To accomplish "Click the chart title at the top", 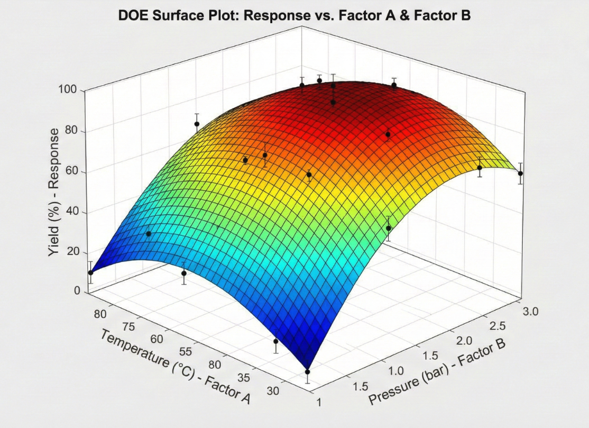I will pyautogui.click(x=294, y=16).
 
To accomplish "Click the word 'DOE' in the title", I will pyautogui.click(x=134, y=16).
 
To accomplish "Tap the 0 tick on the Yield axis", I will pyautogui.click(x=77, y=291).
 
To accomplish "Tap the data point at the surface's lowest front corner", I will pyautogui.click(x=307, y=372).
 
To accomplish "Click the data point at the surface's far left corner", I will pyautogui.click(x=90, y=272).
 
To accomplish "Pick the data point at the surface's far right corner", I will pyautogui.click(x=520, y=174).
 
